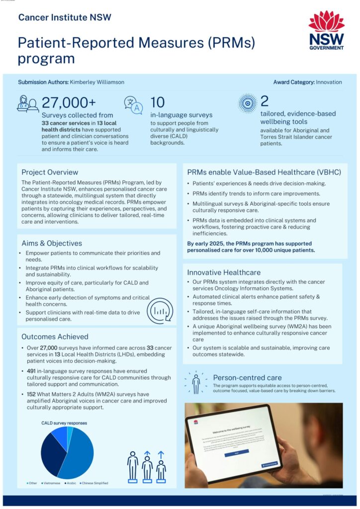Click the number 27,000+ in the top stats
(x=68, y=102)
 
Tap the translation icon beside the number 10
(x=133, y=104)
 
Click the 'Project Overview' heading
(x=50, y=172)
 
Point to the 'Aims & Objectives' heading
(x=52, y=243)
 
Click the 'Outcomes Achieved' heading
(x=55, y=337)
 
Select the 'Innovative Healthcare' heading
(x=224, y=272)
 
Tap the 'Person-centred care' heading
(x=247, y=377)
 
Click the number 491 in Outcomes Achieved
(x=31, y=377)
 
